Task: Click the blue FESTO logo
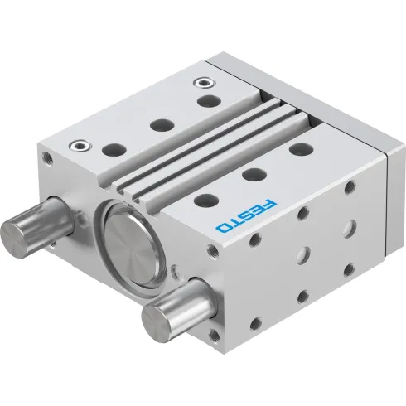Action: click(247, 211)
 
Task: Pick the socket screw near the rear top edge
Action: click(201, 83)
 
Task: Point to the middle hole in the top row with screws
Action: click(160, 125)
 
